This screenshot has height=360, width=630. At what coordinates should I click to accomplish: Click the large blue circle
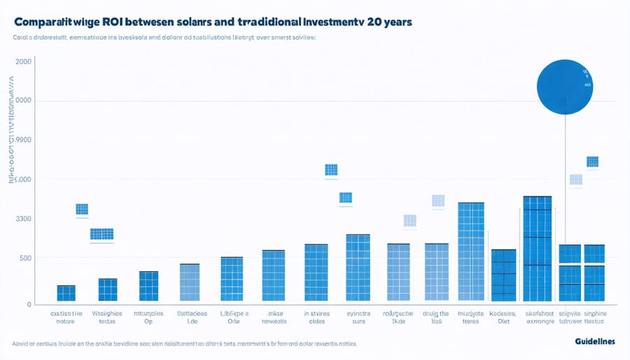tap(565, 86)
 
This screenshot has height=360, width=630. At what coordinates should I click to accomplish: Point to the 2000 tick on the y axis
tap(23, 62)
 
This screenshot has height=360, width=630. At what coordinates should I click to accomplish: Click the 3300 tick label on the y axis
tap(23, 219)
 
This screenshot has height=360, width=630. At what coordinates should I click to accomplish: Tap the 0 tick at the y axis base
tap(29, 305)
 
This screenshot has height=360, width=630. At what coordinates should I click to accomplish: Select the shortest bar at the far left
tap(66, 293)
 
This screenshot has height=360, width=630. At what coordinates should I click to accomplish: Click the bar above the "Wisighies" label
tap(108, 289)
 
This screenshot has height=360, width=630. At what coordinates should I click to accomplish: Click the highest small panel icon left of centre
tap(331, 169)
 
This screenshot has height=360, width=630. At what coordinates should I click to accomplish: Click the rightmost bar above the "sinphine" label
tap(594, 273)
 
